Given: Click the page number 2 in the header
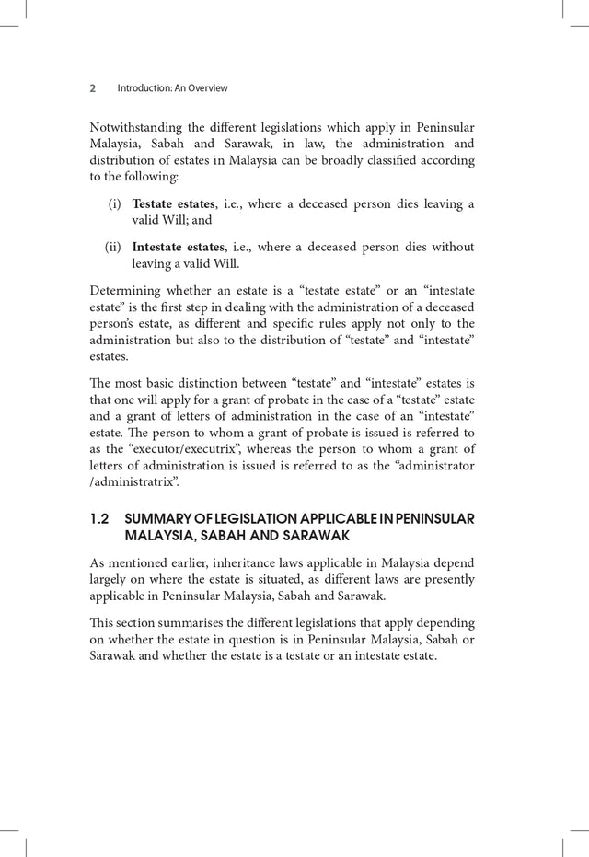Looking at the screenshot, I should pos(93,88).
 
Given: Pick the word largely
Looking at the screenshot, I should pos(110,579).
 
